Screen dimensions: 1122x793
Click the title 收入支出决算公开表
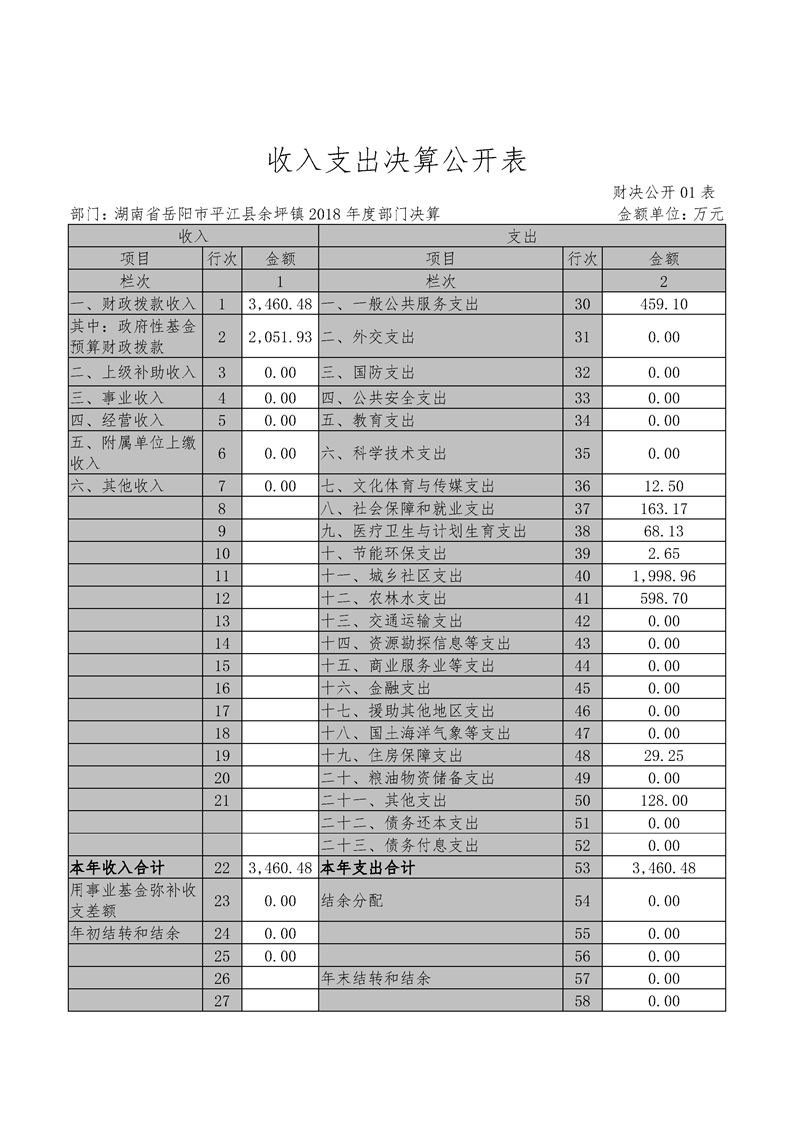(x=396, y=160)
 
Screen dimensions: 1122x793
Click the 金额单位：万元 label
(x=670, y=214)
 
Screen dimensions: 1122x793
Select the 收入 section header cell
(x=193, y=236)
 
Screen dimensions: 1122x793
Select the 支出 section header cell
(x=522, y=236)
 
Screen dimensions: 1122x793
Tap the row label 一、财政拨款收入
(x=134, y=303)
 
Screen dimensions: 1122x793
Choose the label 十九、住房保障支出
(x=392, y=756)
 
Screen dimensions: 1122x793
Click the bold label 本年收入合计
(x=117, y=867)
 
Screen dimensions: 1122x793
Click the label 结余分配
(x=352, y=900)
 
